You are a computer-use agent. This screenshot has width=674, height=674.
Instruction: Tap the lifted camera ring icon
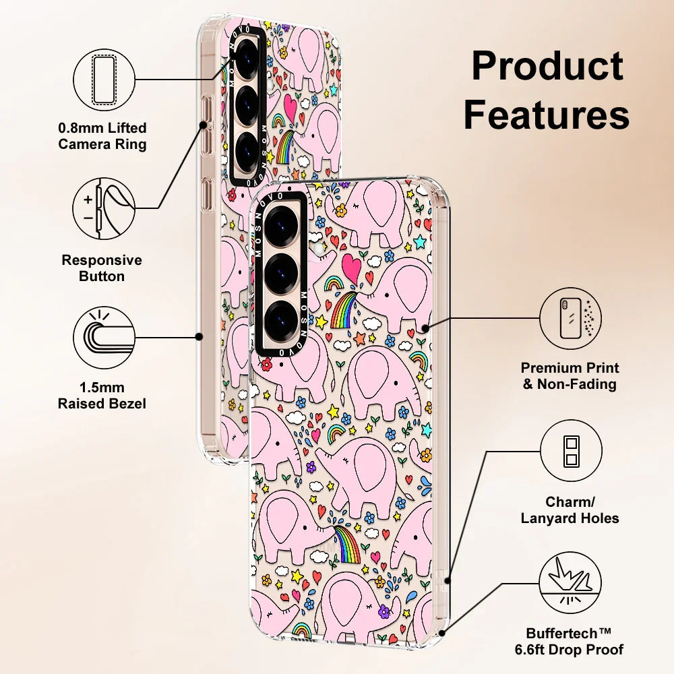[x=103, y=80]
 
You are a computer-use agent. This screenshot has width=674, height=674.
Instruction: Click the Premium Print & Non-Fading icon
[x=570, y=319]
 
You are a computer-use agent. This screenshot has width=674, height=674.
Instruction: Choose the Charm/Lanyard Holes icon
[x=570, y=451]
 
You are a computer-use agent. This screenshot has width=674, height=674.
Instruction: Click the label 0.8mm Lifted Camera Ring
[x=102, y=135]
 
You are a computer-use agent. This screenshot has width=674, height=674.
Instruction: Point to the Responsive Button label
[x=102, y=268]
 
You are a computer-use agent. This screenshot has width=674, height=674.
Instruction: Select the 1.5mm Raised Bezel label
[x=102, y=396]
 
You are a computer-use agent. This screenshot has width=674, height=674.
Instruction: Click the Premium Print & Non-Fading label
[x=570, y=376]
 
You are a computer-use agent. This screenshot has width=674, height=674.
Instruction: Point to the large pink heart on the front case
[x=351, y=269]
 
